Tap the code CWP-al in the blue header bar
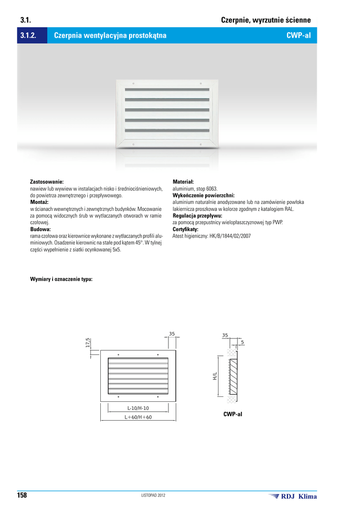pyautogui.click(x=298, y=36)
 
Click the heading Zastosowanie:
pyautogui.click(x=47, y=183)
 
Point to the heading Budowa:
pyautogui.click(x=41, y=230)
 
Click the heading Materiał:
pyautogui.click(x=183, y=183)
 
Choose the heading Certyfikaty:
pyautogui.click(x=185, y=230)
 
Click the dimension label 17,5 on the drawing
pyautogui.click(x=88, y=342)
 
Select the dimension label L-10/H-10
pyautogui.click(x=138, y=408)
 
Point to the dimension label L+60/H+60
pyautogui.click(x=138, y=417)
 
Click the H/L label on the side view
pyautogui.click(x=215, y=377)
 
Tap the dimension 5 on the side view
pyautogui.click(x=242, y=343)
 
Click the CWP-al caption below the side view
pyautogui.click(x=233, y=414)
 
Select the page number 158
pyautogui.click(x=22, y=496)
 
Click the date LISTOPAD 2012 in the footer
pyautogui.click(x=153, y=496)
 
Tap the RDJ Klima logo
pyautogui.click(x=292, y=496)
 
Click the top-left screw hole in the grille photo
pyautogui.click(x=134, y=83)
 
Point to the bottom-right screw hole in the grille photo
pyautogui.click(x=200, y=144)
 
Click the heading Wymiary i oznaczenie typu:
pyautogui.click(x=62, y=279)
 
